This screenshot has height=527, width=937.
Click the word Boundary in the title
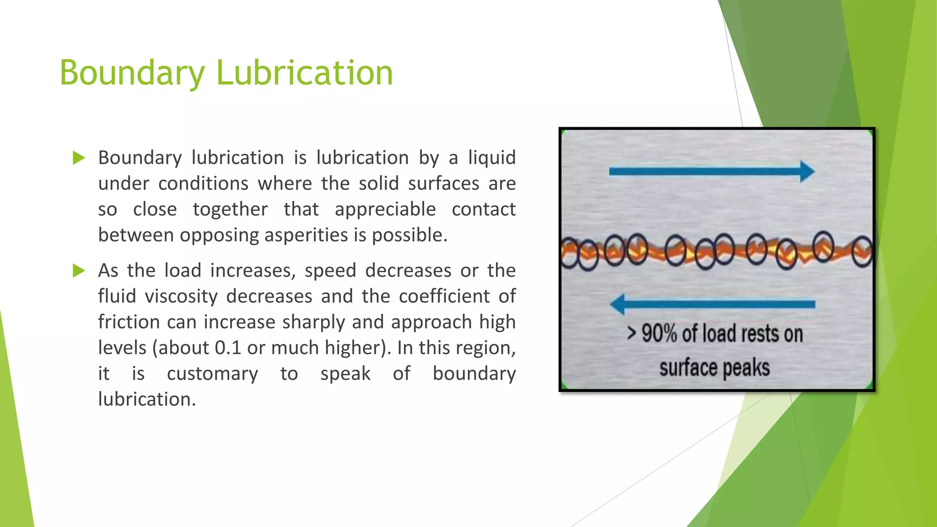[132, 73]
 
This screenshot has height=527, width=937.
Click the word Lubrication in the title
[304, 73]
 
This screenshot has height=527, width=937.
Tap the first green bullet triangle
[79, 158]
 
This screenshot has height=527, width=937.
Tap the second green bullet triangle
[79, 271]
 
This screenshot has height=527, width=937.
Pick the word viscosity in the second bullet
[181, 296]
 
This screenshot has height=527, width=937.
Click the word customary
[212, 374]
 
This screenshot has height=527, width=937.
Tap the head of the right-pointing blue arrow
[807, 172]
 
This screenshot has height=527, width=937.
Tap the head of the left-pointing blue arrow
[618, 304]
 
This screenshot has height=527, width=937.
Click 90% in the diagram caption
[659, 333]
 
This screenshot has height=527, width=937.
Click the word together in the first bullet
[230, 210]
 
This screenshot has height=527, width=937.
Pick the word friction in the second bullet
[129, 322]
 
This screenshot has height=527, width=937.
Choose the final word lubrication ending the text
[146, 399]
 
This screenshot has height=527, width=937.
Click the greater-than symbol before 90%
[631, 333]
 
